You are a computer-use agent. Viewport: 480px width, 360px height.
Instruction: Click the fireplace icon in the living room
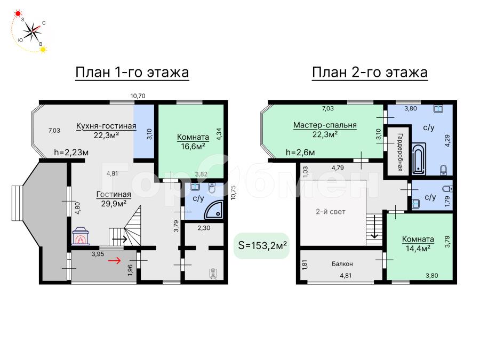pos(81,236)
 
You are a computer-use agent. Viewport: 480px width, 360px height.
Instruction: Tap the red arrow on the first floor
pos(115,260)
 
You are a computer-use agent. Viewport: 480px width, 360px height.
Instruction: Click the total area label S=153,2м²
pos(262,245)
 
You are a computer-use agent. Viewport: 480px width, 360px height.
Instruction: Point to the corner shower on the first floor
pos(214,210)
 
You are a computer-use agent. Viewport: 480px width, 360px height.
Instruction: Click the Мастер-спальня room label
pos(325,125)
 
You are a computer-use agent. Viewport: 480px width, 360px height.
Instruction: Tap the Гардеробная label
pos(400,153)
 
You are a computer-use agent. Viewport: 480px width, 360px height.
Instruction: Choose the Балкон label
pos(342,263)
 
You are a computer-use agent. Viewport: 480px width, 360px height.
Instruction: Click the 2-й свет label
pos(331,212)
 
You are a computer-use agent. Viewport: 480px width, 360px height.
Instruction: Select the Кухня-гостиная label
pos(106,126)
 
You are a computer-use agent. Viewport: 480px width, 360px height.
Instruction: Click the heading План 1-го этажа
pos(132,72)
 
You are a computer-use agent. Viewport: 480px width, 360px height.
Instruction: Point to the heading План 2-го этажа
pos(370,72)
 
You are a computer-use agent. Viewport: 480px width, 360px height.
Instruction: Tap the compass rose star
pos(32,31)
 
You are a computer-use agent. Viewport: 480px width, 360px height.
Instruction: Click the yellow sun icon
pos(44,49)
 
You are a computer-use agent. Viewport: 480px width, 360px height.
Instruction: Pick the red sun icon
pos(18,13)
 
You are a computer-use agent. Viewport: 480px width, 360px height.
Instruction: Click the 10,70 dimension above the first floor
pos(138,96)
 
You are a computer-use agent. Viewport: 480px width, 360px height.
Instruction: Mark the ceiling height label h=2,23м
pos(71,152)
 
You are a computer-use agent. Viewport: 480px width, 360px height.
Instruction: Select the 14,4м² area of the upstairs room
pos(418,248)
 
